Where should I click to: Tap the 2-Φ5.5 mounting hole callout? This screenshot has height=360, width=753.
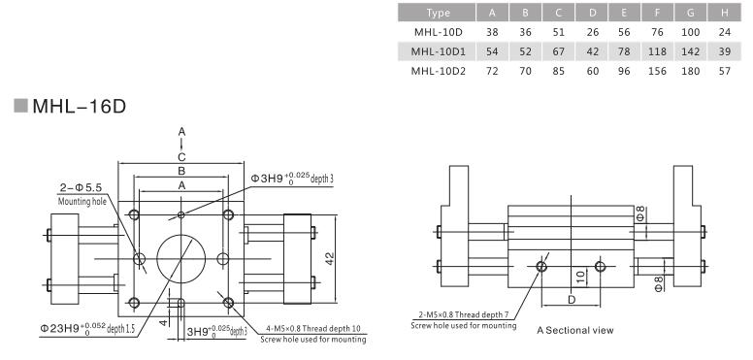pos(82,187)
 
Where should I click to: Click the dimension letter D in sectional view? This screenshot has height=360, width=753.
pos(571,300)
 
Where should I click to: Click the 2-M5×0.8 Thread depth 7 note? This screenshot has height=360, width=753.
pos(467,317)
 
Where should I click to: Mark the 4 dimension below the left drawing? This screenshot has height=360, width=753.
pos(163,315)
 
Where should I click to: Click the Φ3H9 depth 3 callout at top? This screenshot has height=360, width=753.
pos(292,180)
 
